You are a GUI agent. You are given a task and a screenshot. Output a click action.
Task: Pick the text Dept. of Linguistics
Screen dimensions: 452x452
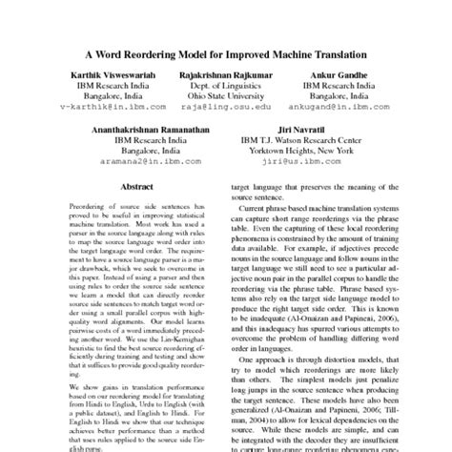click(226, 88)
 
